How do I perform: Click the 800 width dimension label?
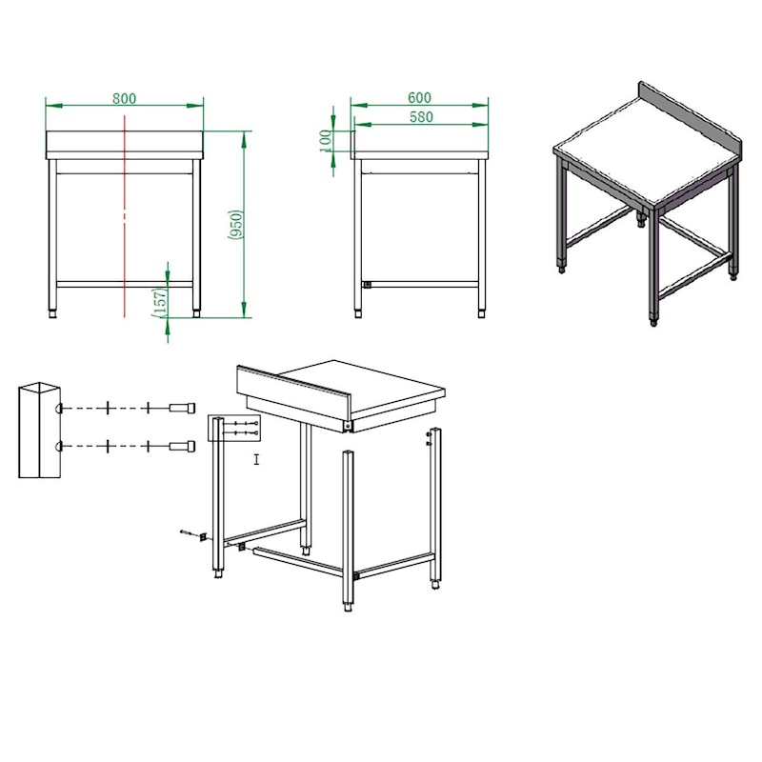point(125,98)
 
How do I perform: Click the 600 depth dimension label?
point(419,98)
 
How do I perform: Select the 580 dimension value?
point(421,117)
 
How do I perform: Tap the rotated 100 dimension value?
point(326,140)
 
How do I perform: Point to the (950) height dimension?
point(235,224)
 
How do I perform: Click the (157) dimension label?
point(160,302)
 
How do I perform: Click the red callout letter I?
point(256,459)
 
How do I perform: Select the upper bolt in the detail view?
point(182,408)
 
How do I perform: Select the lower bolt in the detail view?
point(182,446)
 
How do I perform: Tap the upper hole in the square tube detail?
point(59,409)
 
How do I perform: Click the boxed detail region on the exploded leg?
point(234,428)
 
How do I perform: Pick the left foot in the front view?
point(52,314)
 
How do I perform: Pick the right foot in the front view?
point(196,314)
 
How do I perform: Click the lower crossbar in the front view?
point(125,284)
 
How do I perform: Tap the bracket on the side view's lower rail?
point(367,284)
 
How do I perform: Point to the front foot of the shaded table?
point(653,321)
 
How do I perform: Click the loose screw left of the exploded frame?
point(186,532)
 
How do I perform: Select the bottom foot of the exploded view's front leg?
point(348,607)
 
